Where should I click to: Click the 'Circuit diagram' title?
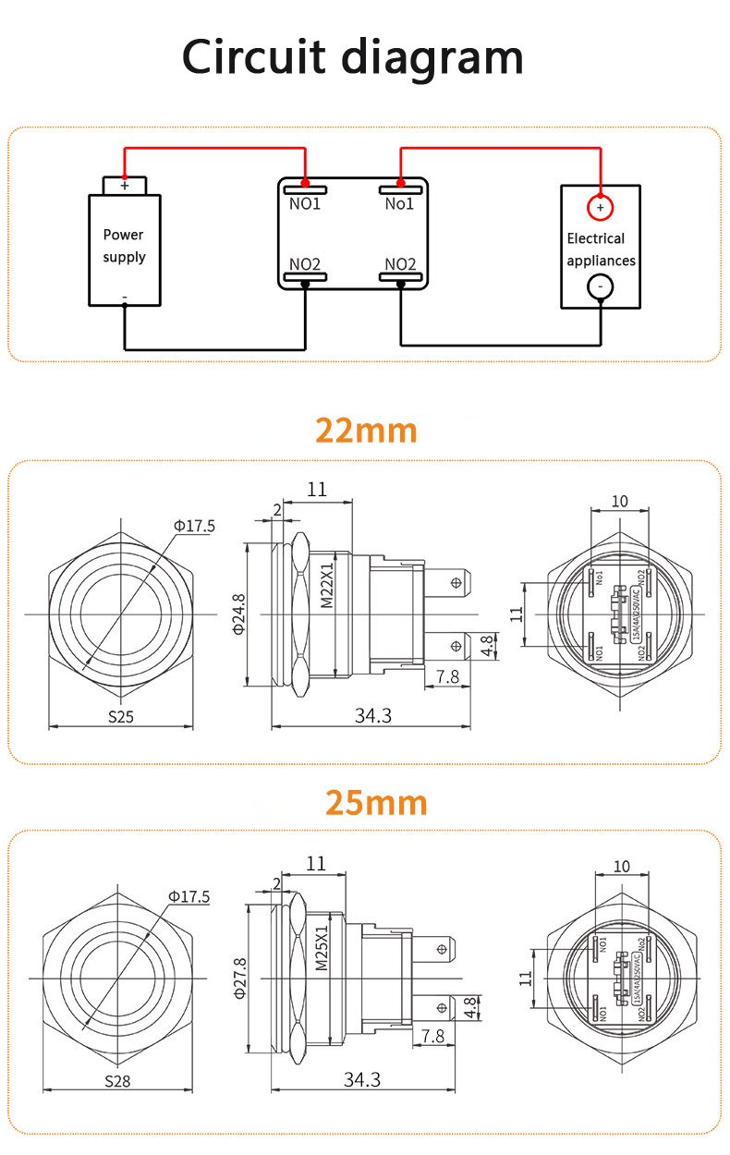click(x=352, y=57)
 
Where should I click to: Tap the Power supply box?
click(x=124, y=249)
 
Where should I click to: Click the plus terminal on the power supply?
click(x=124, y=186)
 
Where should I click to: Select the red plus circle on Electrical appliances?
click(x=600, y=208)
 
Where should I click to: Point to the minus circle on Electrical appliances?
click(x=600, y=287)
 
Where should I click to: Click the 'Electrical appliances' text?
click(x=601, y=249)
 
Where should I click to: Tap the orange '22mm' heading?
click(x=366, y=431)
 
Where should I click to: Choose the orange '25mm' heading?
click(x=376, y=803)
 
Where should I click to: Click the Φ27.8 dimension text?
click(x=239, y=979)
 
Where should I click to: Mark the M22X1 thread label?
click(x=326, y=588)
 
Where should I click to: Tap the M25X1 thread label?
click(x=322, y=949)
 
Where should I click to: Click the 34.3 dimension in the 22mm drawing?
click(x=373, y=714)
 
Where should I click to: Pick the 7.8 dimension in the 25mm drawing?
click(x=432, y=1036)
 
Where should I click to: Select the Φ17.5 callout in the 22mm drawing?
click(x=194, y=526)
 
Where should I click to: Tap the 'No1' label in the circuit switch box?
click(x=399, y=203)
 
